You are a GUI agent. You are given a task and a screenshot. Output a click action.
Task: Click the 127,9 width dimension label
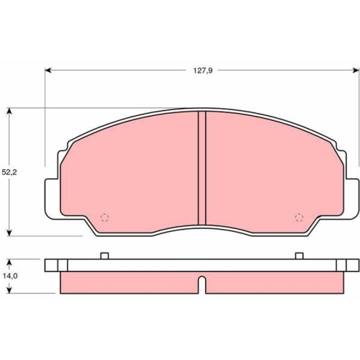[203, 71]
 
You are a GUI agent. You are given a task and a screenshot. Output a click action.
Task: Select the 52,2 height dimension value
[9, 172]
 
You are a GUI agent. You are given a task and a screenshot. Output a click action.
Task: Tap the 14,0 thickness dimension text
[10, 276]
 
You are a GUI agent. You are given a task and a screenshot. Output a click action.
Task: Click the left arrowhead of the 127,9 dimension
[48, 71]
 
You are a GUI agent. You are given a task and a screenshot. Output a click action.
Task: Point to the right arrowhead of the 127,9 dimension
[356, 71]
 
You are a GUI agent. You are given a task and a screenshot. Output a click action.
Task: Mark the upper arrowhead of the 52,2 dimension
[9, 112]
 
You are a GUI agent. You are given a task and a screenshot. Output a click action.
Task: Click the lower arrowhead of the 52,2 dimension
[9, 233]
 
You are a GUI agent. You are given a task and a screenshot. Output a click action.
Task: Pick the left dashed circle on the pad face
[104, 217]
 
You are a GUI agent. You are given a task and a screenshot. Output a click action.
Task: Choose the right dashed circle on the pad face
[299, 217]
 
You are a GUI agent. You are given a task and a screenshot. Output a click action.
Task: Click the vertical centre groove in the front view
[202, 168]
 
